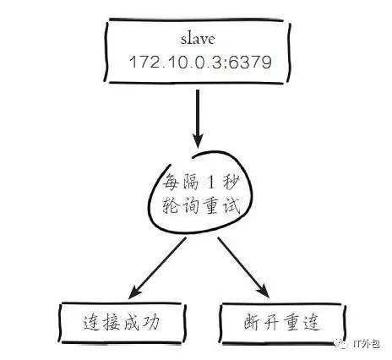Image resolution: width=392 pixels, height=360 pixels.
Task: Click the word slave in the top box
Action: click(x=198, y=39)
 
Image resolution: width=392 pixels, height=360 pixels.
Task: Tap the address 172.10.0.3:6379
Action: click(x=200, y=62)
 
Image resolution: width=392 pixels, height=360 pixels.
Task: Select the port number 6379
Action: click(x=250, y=62)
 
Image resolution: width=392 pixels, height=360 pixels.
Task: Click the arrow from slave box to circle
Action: click(x=198, y=118)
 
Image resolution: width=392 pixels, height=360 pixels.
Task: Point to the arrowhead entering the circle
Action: click(x=198, y=141)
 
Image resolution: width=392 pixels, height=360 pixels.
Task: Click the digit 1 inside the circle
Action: click(x=211, y=182)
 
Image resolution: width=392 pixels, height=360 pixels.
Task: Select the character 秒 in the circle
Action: click(x=231, y=182)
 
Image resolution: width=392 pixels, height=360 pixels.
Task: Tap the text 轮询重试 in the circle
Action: click(x=201, y=205)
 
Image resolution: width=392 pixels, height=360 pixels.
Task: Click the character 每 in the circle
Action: click(x=171, y=182)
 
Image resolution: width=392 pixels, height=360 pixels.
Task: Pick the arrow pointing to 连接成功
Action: click(x=157, y=268)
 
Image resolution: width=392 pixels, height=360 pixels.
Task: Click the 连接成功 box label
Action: click(x=122, y=322)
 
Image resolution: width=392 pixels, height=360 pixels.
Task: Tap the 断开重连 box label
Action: click(x=282, y=322)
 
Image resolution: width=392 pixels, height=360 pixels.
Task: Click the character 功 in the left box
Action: click(x=151, y=322)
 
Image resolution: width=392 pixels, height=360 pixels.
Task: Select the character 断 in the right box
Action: click(x=253, y=322)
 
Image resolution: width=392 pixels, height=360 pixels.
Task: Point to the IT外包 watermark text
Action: click(x=366, y=344)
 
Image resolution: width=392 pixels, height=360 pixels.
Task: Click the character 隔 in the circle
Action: click(x=191, y=182)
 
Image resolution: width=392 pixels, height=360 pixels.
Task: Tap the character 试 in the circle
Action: click(x=231, y=205)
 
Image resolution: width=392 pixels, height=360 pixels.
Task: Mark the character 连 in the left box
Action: click(x=91, y=323)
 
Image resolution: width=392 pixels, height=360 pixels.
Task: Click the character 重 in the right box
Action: click(x=291, y=322)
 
